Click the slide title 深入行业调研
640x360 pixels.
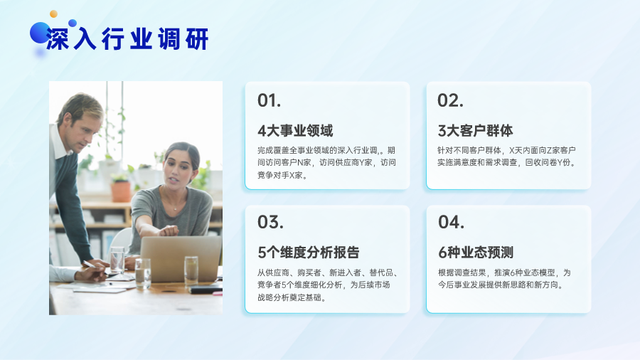pyautogui.click(x=127, y=39)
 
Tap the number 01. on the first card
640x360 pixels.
pyautogui.click(x=269, y=100)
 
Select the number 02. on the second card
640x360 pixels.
pyautogui.click(x=450, y=100)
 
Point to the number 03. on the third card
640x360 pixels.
pyautogui.click(x=270, y=223)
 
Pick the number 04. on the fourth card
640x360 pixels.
pyautogui.click(x=451, y=223)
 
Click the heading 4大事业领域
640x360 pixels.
pyautogui.click(x=296, y=131)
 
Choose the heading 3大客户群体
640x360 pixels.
pyautogui.click(x=476, y=131)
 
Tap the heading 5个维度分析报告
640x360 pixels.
pyautogui.click(x=309, y=253)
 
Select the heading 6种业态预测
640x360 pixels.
pyautogui.click(x=476, y=253)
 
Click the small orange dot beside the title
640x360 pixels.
pyautogui.click(x=53, y=14)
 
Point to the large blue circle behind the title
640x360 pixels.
pyautogui.click(x=40, y=33)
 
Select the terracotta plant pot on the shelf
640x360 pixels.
pyautogui.click(x=121, y=191)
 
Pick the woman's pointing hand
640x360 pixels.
pyautogui.click(x=168, y=231)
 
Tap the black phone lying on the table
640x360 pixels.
pyautogui.click(x=206, y=290)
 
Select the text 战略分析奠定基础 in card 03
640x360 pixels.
pyautogui.click(x=289, y=297)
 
